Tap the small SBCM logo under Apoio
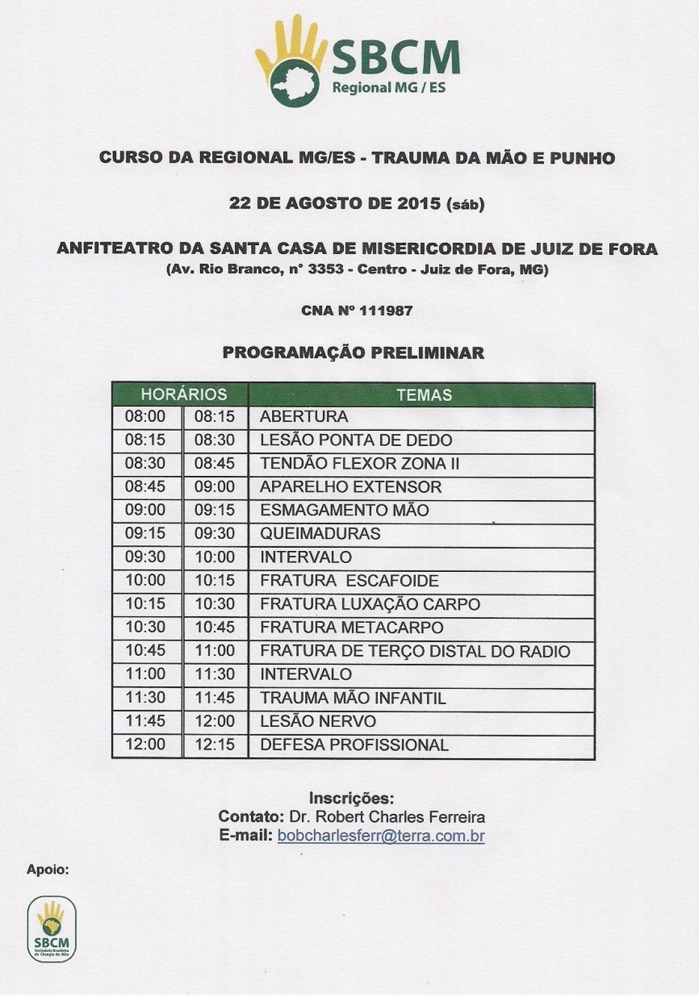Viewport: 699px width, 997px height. point(51,928)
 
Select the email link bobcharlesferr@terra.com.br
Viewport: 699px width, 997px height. point(381,836)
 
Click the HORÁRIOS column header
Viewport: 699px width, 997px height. point(184,395)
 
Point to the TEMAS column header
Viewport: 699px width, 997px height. point(424,395)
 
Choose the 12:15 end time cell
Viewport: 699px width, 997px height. point(215,745)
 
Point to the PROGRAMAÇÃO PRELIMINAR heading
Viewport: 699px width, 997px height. point(353,353)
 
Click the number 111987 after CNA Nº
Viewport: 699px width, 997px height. point(386,311)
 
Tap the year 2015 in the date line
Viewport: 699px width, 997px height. point(418,203)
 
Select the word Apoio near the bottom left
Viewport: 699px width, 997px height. point(47,869)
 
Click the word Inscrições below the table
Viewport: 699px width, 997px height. point(351,798)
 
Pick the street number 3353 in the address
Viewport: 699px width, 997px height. point(325,269)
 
